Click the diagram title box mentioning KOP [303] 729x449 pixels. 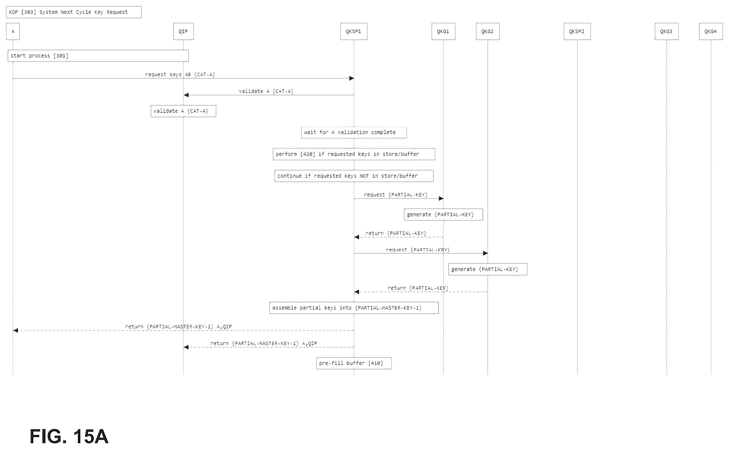coord(74,12)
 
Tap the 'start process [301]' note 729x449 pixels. coord(98,56)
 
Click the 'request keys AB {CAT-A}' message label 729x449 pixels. coord(180,74)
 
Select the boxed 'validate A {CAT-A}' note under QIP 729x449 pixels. coord(183,111)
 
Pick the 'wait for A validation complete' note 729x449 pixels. coord(354,132)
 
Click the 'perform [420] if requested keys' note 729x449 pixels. coord(354,154)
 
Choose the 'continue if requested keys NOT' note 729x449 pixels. coord(354,176)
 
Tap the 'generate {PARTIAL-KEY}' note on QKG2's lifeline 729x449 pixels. coord(488,269)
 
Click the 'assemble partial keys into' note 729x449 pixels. coord(354,308)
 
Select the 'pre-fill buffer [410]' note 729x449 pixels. coord(354,363)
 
